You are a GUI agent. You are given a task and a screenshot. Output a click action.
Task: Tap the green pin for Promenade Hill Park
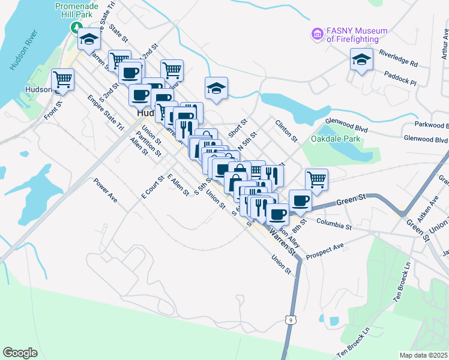pyautogui.click(x=76, y=27)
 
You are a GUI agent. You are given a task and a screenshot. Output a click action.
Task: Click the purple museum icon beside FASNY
pyautogui.click(x=317, y=33)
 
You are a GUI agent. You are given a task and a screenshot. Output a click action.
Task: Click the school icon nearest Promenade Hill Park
pyautogui.click(x=89, y=40)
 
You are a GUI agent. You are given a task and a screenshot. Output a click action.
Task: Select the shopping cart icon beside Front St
pyautogui.click(x=62, y=79)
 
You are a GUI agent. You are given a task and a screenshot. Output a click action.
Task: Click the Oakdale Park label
pyautogui.click(x=336, y=139)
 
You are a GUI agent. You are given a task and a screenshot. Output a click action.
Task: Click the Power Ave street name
pyautogui.click(x=104, y=190)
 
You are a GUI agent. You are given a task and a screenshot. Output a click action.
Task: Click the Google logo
pyautogui.click(x=20, y=352)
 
